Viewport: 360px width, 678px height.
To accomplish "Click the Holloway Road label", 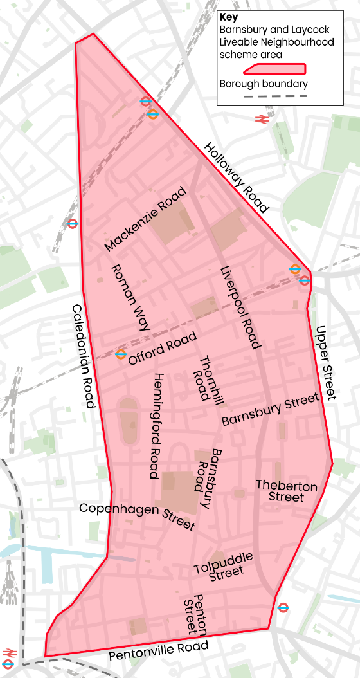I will [236, 178].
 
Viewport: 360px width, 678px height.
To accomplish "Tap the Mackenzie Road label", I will [145, 219].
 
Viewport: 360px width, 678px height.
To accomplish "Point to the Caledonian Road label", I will [84, 356].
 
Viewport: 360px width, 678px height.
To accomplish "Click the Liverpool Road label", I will [240, 307].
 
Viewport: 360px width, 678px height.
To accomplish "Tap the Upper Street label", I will [326, 363].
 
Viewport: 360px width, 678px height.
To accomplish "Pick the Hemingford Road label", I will [158, 426].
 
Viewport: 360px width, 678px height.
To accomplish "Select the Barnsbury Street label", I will [271, 410].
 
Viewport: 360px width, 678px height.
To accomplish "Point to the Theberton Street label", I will [287, 491].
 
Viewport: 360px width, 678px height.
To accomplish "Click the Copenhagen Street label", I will [137, 517].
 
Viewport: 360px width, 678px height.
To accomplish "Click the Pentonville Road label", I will [159, 652].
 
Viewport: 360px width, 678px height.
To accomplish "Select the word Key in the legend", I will [229, 17].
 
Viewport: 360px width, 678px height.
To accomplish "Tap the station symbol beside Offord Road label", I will [121, 354].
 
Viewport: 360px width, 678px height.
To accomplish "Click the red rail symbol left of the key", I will [261, 118].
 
